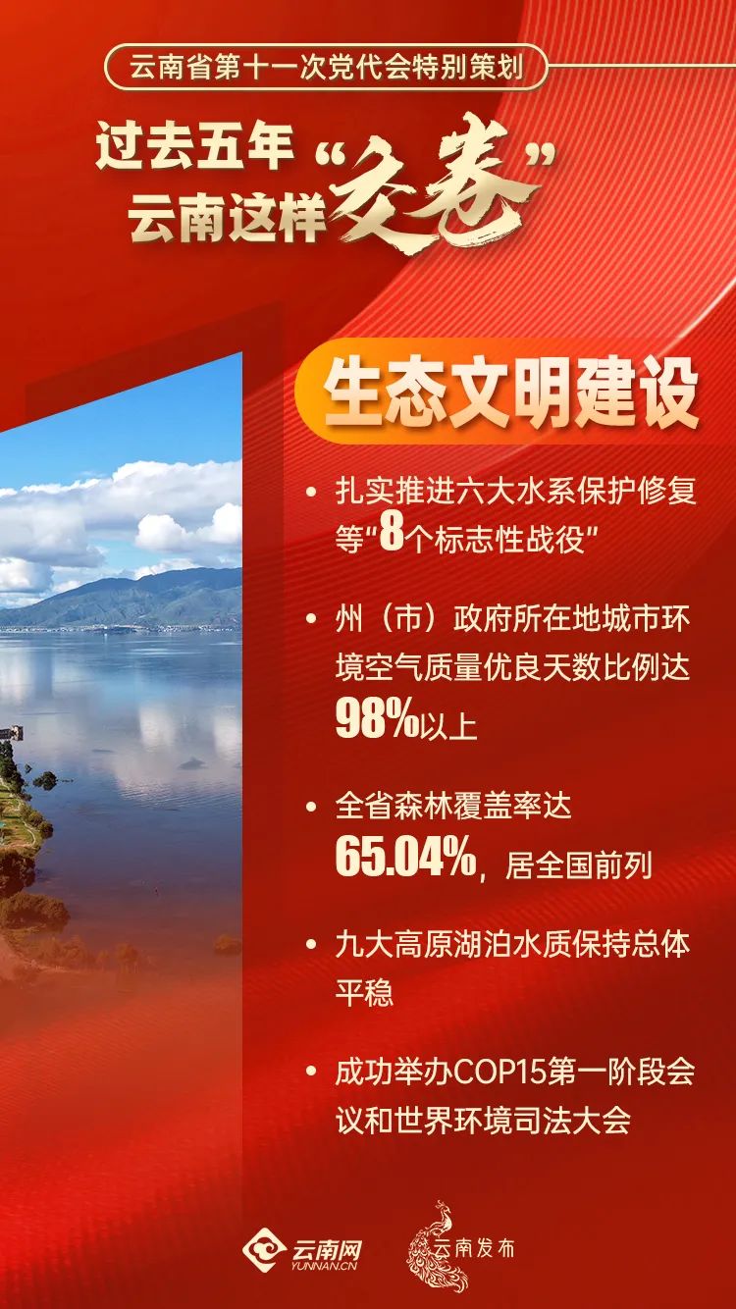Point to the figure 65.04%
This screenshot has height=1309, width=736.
pyautogui.click(x=404, y=857)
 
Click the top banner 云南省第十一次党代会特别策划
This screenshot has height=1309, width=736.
pyautogui.click(x=325, y=71)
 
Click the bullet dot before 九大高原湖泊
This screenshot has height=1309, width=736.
pyautogui.click(x=311, y=946)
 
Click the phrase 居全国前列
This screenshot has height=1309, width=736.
pyautogui.click(x=578, y=865)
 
